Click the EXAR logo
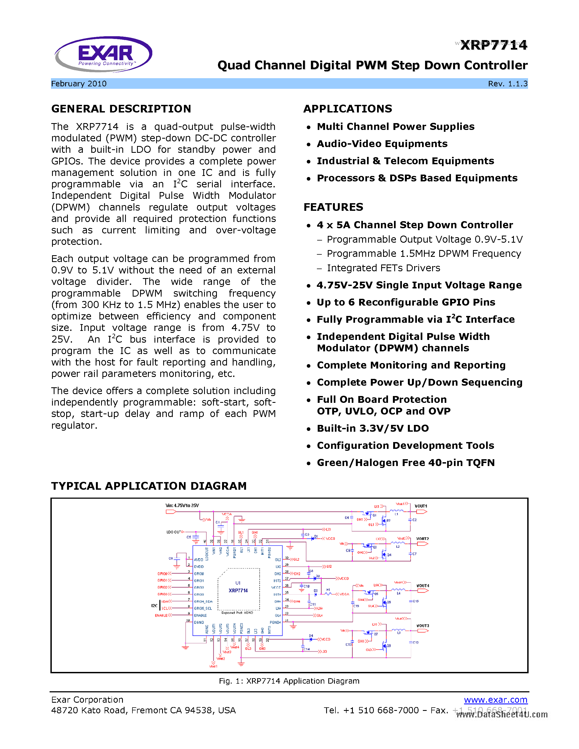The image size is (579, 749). coord(103,54)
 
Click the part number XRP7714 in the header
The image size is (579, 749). coord(494,45)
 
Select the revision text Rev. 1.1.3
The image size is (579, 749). coord(507,84)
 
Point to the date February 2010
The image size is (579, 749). coord(79,84)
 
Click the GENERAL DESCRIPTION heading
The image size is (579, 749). coord(121,109)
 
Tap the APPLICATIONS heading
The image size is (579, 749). coord(347,109)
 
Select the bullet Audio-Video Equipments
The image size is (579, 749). coord(382,144)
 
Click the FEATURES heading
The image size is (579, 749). coord(333,207)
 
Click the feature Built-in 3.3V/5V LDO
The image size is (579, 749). coord(372,428)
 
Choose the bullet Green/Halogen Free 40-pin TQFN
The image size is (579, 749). coord(405,463)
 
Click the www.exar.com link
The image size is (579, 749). coord(495,700)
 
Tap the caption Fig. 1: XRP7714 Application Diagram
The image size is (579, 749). coord(289,681)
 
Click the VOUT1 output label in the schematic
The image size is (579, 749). coord(421,506)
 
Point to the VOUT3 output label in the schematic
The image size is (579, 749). coord(423,626)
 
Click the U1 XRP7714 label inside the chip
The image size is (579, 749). coord(238,587)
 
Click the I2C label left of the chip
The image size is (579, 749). coord(154,606)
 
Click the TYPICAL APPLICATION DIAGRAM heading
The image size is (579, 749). coord(149,486)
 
